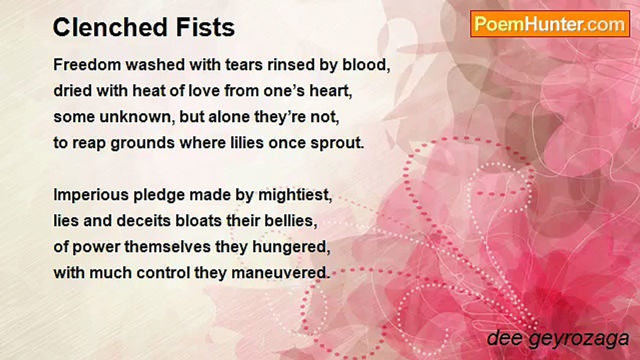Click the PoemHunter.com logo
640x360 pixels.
[x=550, y=23]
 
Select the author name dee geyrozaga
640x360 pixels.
[x=557, y=338]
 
